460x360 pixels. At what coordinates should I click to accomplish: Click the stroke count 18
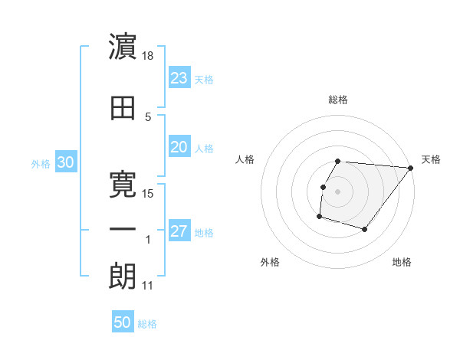[x=149, y=57]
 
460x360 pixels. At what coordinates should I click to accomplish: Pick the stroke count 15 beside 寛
[x=149, y=193]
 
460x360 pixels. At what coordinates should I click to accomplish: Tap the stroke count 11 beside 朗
[x=148, y=286]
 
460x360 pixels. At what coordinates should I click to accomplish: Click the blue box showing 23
[x=179, y=78]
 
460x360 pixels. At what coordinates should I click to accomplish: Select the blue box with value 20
[x=179, y=147]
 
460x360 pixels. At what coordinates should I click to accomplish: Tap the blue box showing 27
[x=179, y=232]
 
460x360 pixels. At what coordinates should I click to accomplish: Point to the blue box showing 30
[x=65, y=162]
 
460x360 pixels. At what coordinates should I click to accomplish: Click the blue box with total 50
[x=123, y=322]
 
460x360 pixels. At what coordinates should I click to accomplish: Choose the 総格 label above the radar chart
[x=338, y=100]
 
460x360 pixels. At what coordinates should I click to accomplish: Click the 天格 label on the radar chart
[x=431, y=159]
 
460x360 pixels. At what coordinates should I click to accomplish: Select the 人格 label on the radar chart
[x=245, y=159]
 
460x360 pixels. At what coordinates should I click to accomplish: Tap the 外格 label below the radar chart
[x=270, y=263]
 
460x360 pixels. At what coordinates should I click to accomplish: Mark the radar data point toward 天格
[x=410, y=168]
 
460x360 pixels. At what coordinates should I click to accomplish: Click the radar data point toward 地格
[x=365, y=230]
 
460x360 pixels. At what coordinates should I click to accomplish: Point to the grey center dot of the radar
[x=337, y=191]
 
